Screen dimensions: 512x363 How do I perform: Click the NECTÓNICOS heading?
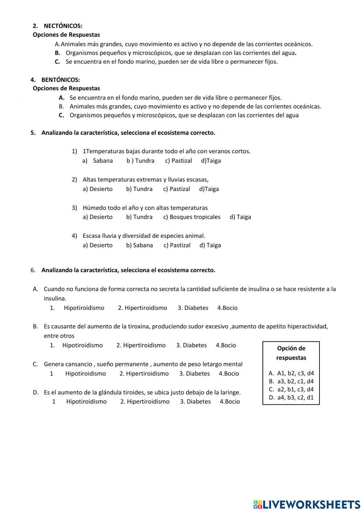pyautogui.click(x=63, y=26)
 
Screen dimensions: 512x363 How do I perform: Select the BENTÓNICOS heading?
pyautogui.click(x=61, y=80)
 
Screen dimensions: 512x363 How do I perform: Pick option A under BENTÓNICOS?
pyautogui.click(x=175, y=97)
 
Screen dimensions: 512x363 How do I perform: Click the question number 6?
pyautogui.click(x=33, y=270)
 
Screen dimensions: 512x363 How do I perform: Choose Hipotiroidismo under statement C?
pyautogui.click(x=85, y=374)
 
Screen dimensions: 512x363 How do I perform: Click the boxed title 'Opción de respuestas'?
pyautogui.click(x=291, y=353)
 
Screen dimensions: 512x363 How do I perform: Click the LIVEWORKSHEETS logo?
pyautogui.click(x=307, y=504)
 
